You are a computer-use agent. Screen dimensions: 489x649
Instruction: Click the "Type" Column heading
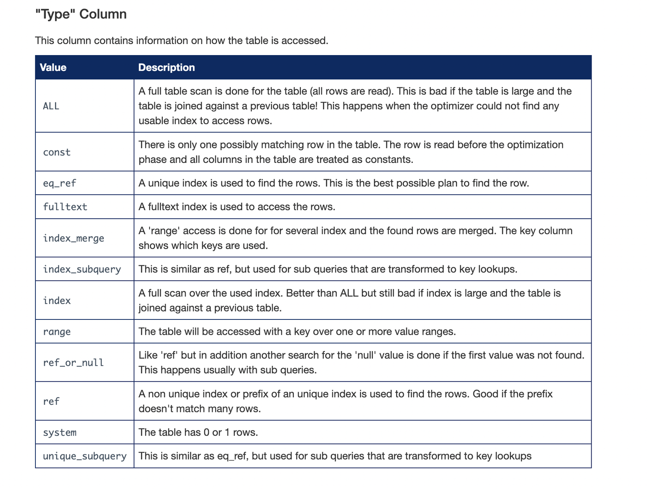(81, 14)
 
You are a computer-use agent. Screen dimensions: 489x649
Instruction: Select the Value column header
(53, 68)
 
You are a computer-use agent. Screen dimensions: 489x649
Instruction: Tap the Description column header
(166, 68)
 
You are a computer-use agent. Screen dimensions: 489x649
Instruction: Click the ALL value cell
(51, 106)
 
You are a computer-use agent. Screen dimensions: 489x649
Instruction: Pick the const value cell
(57, 152)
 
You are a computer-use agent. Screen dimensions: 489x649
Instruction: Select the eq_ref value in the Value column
(59, 183)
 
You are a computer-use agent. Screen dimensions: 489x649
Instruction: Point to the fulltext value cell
(65, 207)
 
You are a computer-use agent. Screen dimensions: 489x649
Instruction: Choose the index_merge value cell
(74, 238)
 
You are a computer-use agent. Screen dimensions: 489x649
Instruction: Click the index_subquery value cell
(82, 269)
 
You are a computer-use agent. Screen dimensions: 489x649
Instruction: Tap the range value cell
(57, 332)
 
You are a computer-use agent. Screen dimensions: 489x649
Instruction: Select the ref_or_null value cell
(73, 363)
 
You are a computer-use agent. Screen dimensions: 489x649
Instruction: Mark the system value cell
(59, 433)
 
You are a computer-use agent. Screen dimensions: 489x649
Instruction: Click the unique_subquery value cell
(85, 456)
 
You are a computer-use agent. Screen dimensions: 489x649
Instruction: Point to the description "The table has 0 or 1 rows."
(198, 433)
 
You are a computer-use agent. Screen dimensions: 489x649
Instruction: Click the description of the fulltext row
(237, 207)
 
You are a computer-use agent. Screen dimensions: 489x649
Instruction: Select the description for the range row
(297, 332)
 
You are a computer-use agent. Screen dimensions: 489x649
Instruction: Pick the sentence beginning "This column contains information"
(181, 41)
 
